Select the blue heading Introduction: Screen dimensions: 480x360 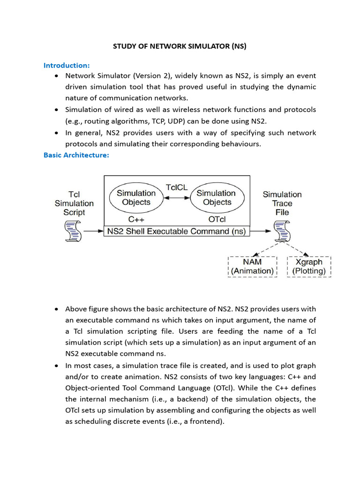pyautogui.click(x=67, y=65)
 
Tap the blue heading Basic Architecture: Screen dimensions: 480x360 pyautogui.click(x=76, y=155)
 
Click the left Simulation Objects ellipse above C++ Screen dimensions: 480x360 pyautogui.click(x=136, y=197)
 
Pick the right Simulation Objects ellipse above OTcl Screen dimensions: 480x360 pyautogui.click(x=216, y=197)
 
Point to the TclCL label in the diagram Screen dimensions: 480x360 pyautogui.click(x=176, y=187)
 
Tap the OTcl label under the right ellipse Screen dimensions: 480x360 pyautogui.click(x=216, y=219)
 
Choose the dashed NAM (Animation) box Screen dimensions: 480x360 pyautogui.click(x=252, y=267)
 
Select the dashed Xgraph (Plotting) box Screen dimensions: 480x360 pyautogui.click(x=309, y=267)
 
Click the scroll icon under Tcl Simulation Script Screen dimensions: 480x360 pyautogui.click(x=73, y=232)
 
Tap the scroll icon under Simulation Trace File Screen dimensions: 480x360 pyautogui.click(x=282, y=232)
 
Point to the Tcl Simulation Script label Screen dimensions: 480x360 pyautogui.click(x=74, y=203)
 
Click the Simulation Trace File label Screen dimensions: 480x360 pyautogui.click(x=282, y=203)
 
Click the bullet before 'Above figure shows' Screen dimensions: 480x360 pyautogui.click(x=56, y=309)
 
